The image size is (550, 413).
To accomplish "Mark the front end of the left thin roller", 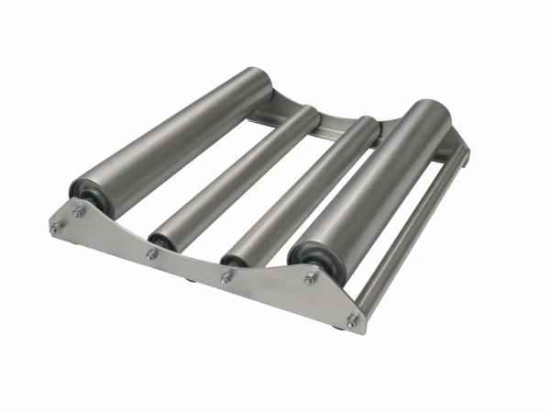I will (163, 239).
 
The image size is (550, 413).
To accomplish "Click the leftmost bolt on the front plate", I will (55, 228).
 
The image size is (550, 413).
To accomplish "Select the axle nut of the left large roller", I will (79, 212).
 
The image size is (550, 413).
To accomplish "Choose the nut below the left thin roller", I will (151, 254).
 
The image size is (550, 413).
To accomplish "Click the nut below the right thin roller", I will (225, 275).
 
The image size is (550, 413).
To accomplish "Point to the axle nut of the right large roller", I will (310, 277).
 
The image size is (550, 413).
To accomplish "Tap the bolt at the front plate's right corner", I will (351, 320).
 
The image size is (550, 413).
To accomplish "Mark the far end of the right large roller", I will (437, 114).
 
